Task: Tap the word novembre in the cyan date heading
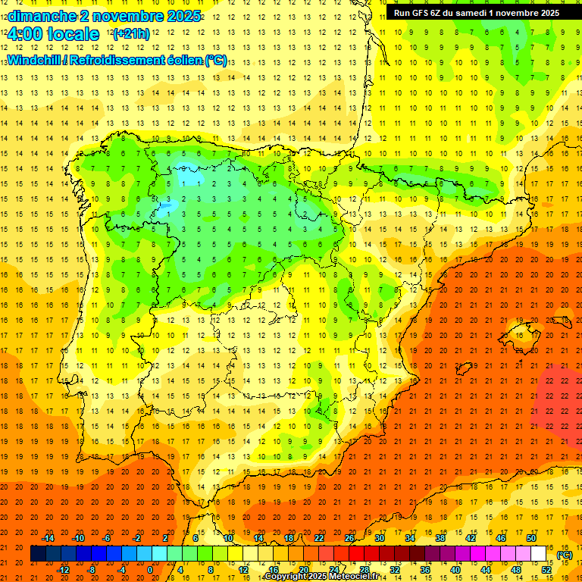pyautogui.click(x=127, y=16)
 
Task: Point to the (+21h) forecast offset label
pyautogui.click(x=131, y=34)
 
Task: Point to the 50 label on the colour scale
pyautogui.click(x=531, y=538)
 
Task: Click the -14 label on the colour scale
pyautogui.click(x=48, y=538)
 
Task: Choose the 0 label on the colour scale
pyautogui.click(x=149, y=570)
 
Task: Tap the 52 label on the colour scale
pyautogui.click(x=546, y=570)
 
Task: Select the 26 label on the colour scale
pyautogui.click(x=349, y=538)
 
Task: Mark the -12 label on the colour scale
pyautogui.click(x=64, y=570)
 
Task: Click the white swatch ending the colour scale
pyautogui.click(x=539, y=554)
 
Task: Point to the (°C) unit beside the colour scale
pyautogui.click(x=565, y=555)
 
